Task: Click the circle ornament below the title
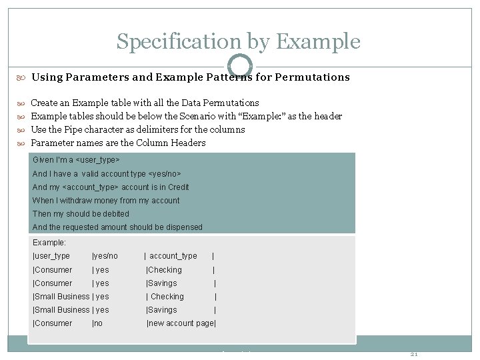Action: point(240,66)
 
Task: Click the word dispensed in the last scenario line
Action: point(179,227)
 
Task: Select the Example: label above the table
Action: point(49,243)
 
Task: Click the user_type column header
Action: point(52,256)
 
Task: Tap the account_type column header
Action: point(173,256)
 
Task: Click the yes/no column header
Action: point(105,256)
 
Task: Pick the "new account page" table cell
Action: point(181,323)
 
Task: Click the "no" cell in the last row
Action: point(98,323)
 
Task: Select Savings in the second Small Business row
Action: point(163,310)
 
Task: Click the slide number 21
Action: point(413,354)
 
